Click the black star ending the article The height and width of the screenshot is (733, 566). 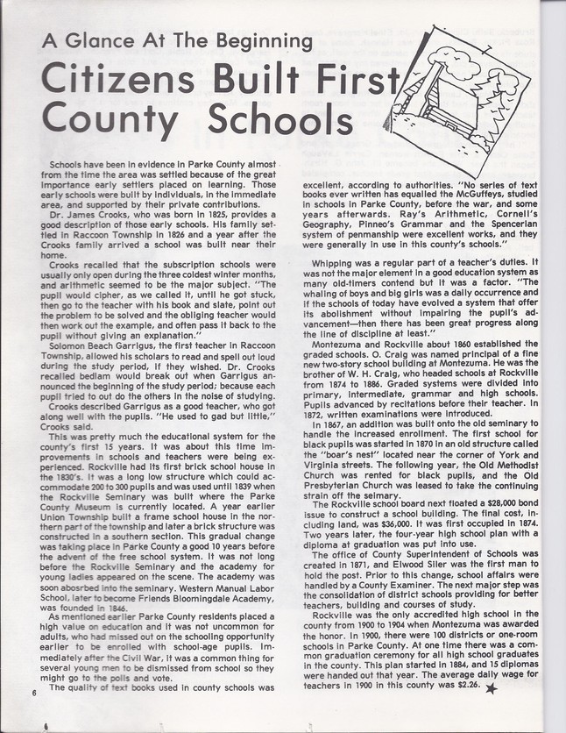click(492, 688)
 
